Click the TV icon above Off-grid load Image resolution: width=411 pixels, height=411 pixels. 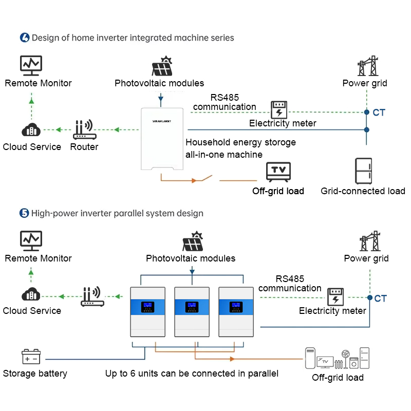pyautogui.click(x=278, y=171)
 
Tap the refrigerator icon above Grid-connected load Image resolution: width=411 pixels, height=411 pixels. pyautogui.click(x=364, y=171)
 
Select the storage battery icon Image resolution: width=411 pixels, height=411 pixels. pyautogui.click(x=31, y=357)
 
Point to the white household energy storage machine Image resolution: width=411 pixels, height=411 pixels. pyautogui.click(x=162, y=139)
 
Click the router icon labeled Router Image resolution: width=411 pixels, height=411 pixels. pyautogui.click(x=84, y=129)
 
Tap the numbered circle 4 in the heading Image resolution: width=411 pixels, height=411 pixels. pyautogui.click(x=25, y=38)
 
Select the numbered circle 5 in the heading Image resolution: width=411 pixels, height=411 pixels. pyautogui.click(x=24, y=213)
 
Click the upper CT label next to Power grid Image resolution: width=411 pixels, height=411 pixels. pyautogui.click(x=379, y=113)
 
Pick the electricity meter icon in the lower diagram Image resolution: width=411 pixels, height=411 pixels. pyautogui.click(x=335, y=296)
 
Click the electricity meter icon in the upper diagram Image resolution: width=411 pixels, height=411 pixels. pyautogui.click(x=279, y=109)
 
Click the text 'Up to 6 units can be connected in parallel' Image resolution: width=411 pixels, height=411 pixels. pyautogui.click(x=192, y=373)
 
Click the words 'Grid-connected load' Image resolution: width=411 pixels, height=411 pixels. pyautogui.click(x=363, y=191)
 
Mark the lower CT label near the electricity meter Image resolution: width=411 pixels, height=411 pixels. pyautogui.click(x=380, y=298)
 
